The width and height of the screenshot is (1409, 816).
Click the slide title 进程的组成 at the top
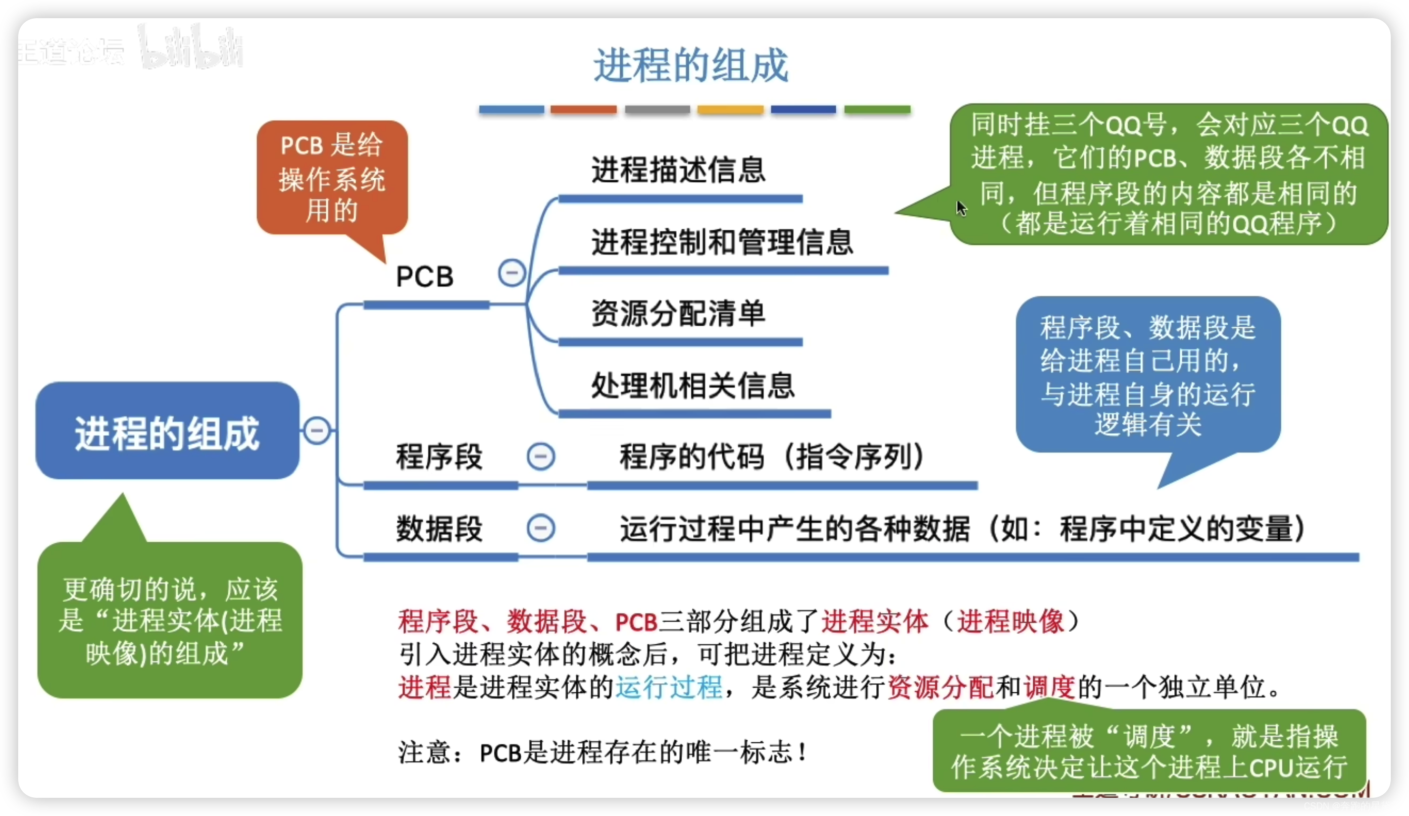pyautogui.click(x=690, y=66)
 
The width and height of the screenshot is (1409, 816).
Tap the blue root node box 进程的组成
pyautogui.click(x=167, y=431)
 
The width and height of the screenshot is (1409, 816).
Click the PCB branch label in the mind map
pyautogui.click(x=424, y=277)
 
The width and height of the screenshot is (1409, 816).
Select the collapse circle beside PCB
pyautogui.click(x=512, y=273)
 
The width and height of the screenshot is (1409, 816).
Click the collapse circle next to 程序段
pyautogui.click(x=541, y=456)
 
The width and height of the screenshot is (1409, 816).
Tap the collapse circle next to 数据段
pyautogui.click(x=541, y=528)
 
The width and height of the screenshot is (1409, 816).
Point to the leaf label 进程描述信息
pyautogui.click(x=678, y=169)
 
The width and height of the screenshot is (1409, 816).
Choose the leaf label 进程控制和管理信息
pyautogui.click(x=722, y=242)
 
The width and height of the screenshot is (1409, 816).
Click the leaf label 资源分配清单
pyautogui.click(x=678, y=313)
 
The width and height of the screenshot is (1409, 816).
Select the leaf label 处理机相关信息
pyautogui.click(x=693, y=385)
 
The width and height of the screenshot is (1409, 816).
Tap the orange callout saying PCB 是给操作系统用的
pyautogui.click(x=332, y=178)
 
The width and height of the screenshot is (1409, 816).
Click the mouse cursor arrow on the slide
pyautogui.click(x=961, y=208)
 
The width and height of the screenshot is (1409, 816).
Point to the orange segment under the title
pyautogui.click(x=583, y=110)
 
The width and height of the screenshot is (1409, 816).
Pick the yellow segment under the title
pyautogui.click(x=730, y=110)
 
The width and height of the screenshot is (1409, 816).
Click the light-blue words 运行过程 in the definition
pyautogui.click(x=669, y=687)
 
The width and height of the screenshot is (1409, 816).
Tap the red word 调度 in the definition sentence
pyautogui.click(x=1050, y=687)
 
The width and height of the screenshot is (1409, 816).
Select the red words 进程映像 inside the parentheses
pyautogui.click(x=1011, y=621)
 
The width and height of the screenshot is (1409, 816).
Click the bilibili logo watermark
pyautogui.click(x=191, y=48)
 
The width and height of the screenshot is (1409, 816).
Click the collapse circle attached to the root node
pyautogui.click(x=317, y=431)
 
